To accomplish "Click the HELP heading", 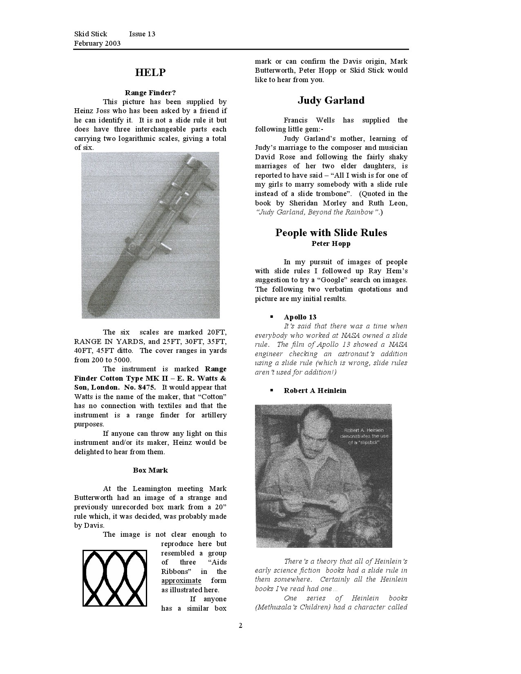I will (x=150, y=73).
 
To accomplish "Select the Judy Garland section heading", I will (x=331, y=100).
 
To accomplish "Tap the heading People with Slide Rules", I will (x=331, y=233).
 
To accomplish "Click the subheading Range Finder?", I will (x=150, y=93).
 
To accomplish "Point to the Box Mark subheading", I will (x=150, y=470).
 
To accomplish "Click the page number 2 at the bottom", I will (x=241, y=626).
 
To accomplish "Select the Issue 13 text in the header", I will (x=142, y=34).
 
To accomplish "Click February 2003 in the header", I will (x=97, y=43).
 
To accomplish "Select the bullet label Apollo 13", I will (x=300, y=317).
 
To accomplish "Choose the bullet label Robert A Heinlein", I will (x=315, y=391).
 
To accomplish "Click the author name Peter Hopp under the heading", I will (x=331, y=244).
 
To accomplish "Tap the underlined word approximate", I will (x=181, y=580).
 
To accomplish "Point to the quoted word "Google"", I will (x=329, y=280).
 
